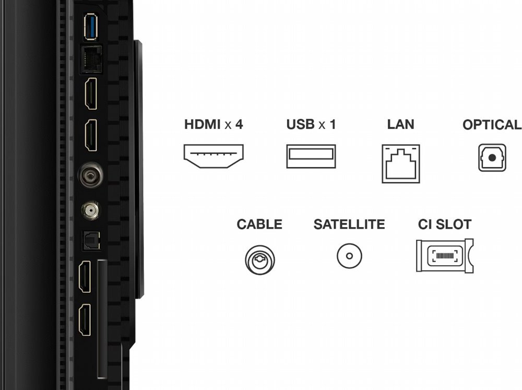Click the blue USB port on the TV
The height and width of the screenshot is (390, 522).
[90, 27]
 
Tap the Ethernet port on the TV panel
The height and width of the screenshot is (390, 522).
[91, 60]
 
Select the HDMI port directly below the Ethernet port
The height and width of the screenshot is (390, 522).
[91, 93]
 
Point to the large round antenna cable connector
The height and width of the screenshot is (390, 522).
[90, 175]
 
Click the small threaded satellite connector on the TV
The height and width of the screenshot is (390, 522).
[90, 210]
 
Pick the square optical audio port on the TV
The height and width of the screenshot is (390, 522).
[91, 241]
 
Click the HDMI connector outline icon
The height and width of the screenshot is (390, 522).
[213, 156]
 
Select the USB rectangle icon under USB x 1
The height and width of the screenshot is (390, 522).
[311, 156]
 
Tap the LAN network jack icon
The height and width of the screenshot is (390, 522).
[401, 163]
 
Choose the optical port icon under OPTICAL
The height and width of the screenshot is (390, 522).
[492, 158]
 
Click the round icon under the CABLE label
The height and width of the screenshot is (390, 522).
[259, 260]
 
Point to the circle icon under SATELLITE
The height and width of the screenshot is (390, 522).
[349, 256]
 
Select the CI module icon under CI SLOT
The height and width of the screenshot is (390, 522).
[445, 255]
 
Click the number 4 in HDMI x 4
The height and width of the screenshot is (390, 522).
[239, 124]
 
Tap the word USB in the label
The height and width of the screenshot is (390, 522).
[300, 124]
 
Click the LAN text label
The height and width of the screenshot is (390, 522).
[400, 124]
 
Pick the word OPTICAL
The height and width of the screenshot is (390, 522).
[492, 125]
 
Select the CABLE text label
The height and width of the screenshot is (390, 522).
[259, 224]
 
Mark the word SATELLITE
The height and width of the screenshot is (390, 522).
[349, 224]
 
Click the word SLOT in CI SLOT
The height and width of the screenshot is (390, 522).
[454, 224]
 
